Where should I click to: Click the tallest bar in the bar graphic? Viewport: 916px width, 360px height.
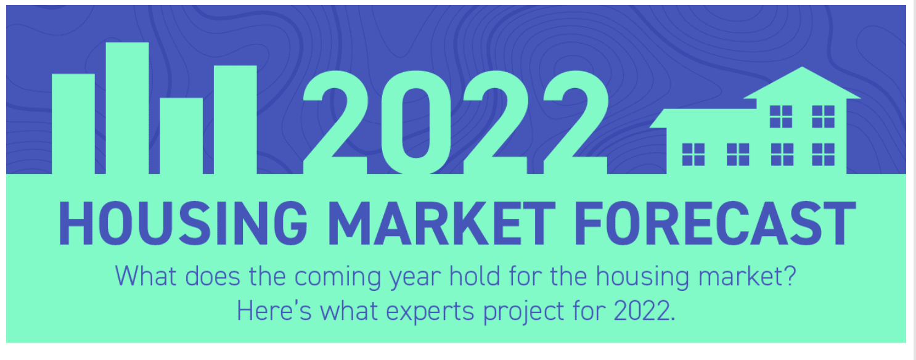pyautogui.click(x=127, y=108)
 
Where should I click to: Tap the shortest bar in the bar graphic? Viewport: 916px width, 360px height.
pyautogui.click(x=181, y=136)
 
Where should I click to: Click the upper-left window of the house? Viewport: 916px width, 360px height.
pyautogui.click(x=780, y=116)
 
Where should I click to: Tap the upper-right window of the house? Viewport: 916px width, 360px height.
pyautogui.click(x=823, y=116)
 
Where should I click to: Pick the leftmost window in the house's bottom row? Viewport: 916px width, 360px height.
pyautogui.click(x=693, y=154)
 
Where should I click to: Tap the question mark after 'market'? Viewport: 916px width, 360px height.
pyautogui.click(x=790, y=276)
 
